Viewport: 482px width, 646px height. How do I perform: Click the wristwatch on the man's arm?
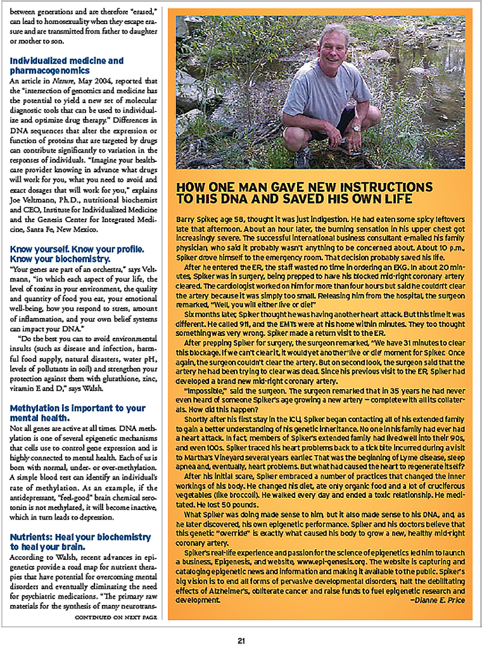(x=357, y=128)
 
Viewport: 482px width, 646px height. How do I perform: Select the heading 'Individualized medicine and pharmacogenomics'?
(x=66, y=66)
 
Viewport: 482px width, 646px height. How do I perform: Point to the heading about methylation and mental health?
(x=77, y=413)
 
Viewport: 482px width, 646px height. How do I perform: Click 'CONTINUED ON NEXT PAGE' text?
(x=116, y=617)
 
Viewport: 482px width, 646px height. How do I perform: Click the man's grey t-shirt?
(x=326, y=96)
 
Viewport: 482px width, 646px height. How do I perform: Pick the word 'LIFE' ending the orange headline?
(x=398, y=199)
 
